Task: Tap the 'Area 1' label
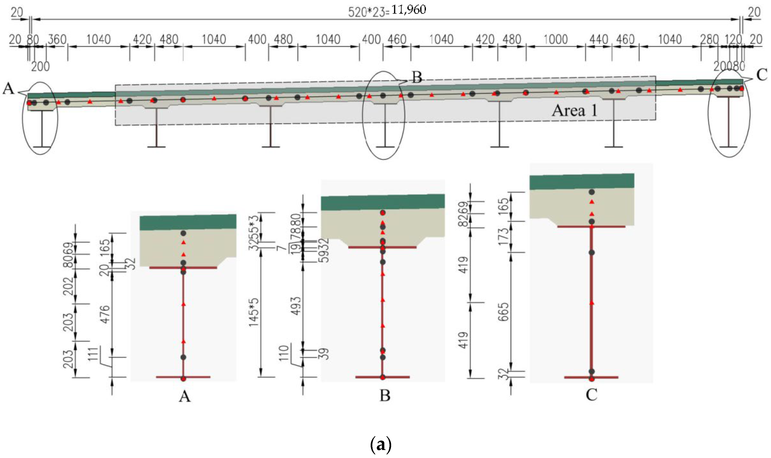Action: [x=574, y=110]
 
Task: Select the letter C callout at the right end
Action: [x=762, y=75]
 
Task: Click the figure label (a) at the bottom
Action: [x=380, y=445]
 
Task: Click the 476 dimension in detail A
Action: [x=105, y=314]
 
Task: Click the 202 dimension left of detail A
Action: [x=68, y=286]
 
